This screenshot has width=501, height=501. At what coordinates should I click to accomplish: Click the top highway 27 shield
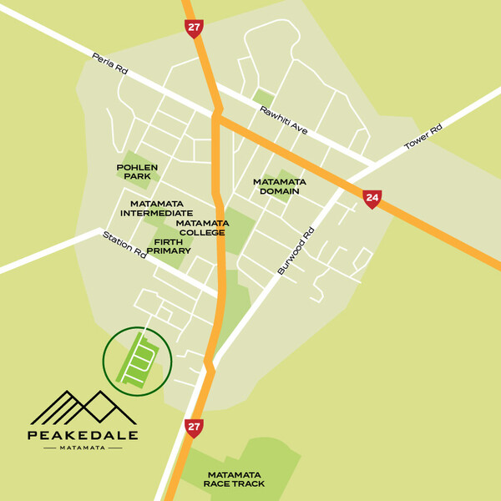(194, 29)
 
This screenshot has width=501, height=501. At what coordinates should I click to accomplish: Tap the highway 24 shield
(372, 198)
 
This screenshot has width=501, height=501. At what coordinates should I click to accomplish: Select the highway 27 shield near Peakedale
(194, 427)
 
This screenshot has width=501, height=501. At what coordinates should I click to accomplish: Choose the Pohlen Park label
(137, 172)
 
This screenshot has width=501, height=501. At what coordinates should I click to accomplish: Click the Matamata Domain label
(279, 186)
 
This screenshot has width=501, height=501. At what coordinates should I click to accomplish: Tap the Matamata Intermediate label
(162, 208)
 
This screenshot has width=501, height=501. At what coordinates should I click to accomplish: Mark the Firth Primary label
(169, 245)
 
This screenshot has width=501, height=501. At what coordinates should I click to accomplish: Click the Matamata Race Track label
(235, 479)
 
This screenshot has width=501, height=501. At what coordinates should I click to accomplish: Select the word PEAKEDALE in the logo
(83, 434)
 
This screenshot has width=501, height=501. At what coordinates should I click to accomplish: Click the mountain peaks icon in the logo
(83, 407)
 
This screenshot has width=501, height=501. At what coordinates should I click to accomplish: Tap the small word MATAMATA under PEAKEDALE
(83, 448)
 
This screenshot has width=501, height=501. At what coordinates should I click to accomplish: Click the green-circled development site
(136, 362)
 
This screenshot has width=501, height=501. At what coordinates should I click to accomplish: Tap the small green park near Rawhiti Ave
(264, 98)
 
